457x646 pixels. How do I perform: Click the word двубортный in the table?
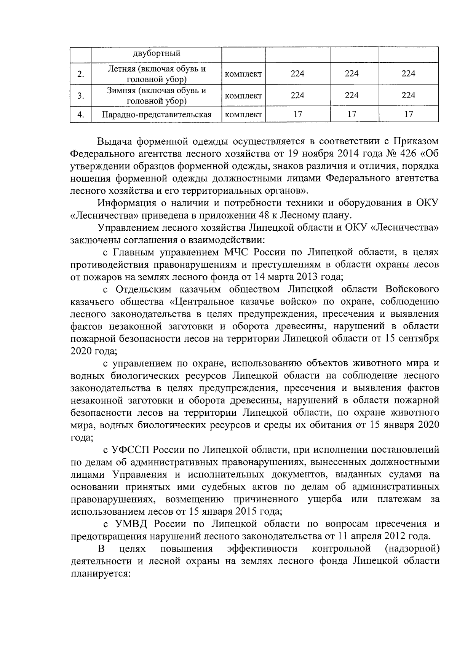157,54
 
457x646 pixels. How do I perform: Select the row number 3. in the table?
81,96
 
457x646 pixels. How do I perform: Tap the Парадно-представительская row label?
157,114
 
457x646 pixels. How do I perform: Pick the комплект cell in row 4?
243,114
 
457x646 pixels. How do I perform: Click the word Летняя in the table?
121,69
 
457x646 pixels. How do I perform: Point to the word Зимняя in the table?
121,91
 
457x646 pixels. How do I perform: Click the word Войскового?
412,289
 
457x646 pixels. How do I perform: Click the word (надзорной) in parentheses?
412,549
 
